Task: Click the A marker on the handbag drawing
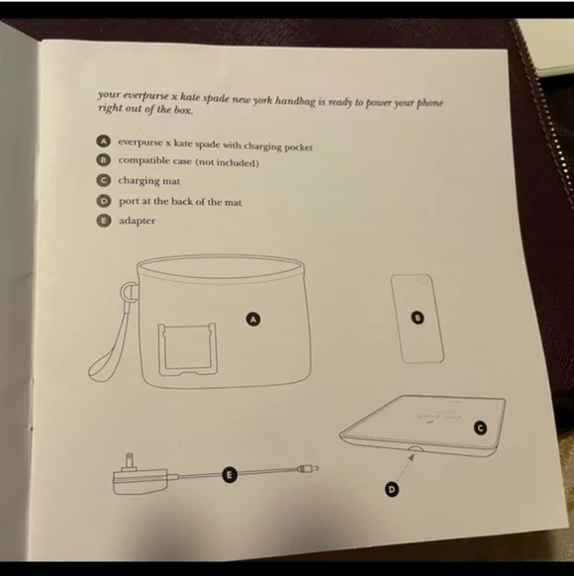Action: pos(253,319)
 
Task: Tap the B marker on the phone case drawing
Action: pos(417,318)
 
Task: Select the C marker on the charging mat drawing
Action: pos(480,428)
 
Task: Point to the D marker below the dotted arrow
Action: pos(392,489)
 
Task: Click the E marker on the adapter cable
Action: pos(229,475)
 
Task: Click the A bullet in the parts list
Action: pos(104,142)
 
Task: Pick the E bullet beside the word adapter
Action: pos(104,221)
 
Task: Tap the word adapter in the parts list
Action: pos(137,221)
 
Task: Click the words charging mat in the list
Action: pos(149,181)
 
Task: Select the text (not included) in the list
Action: pos(227,162)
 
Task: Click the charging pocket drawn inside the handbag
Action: pos(187,349)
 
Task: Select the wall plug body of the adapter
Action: pos(141,482)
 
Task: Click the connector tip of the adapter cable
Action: pos(308,468)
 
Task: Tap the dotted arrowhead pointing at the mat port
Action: pos(412,456)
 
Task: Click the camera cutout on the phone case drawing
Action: pos(423,280)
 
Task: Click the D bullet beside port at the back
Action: pos(104,201)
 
